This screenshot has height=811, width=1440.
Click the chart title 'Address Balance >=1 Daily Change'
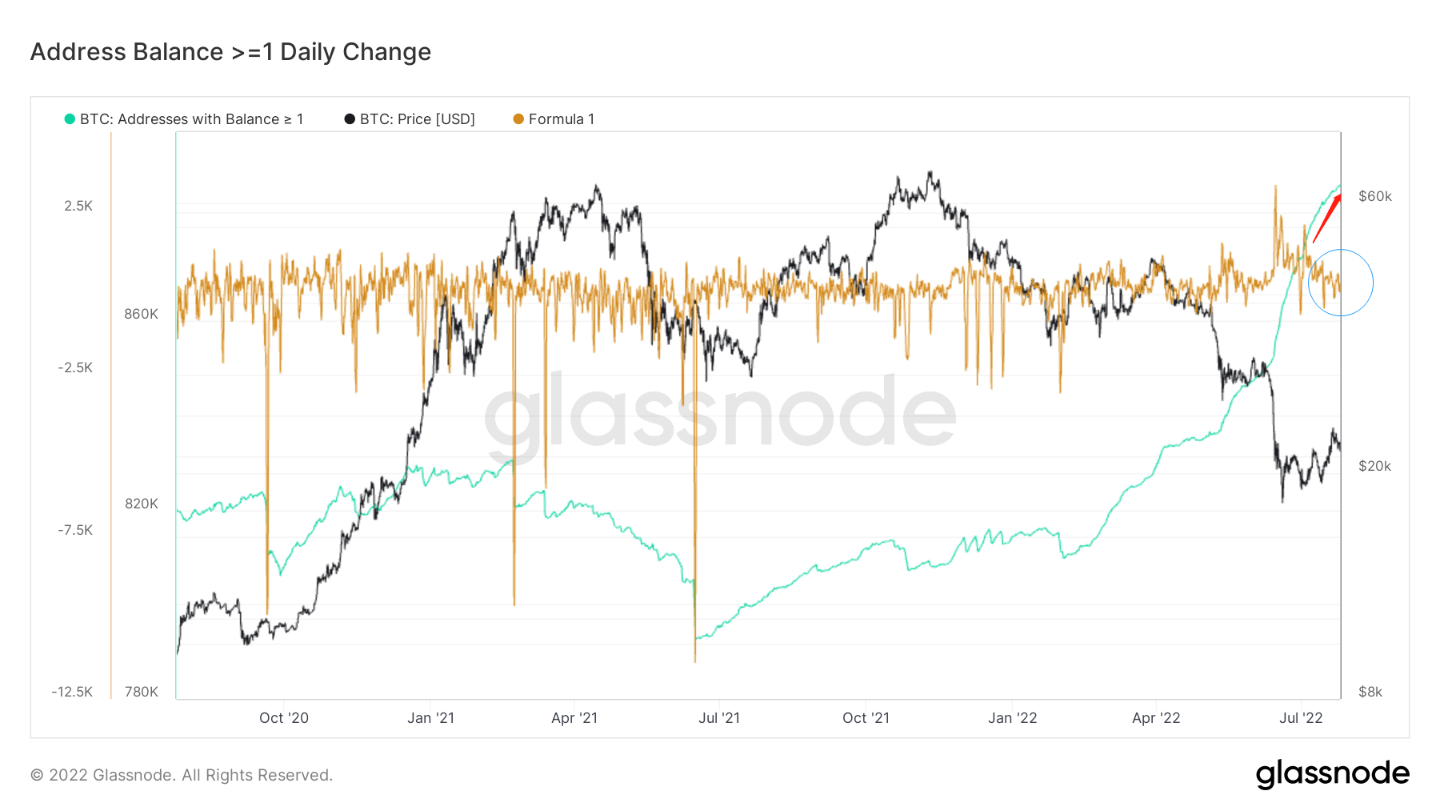click(x=230, y=52)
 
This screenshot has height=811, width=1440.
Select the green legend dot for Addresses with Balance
click(x=70, y=119)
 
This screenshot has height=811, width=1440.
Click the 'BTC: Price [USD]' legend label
click(x=417, y=119)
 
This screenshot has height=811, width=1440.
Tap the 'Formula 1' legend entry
click(x=561, y=119)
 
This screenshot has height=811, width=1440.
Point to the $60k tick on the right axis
click(x=1374, y=196)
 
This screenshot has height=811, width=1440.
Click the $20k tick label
click(x=1374, y=466)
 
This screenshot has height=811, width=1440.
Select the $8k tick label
click(x=1370, y=692)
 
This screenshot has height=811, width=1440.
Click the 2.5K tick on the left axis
click(x=78, y=206)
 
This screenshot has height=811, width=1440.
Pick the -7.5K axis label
click(x=75, y=530)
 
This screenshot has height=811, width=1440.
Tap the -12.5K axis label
click(x=72, y=692)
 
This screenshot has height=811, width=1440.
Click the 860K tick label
click(x=141, y=314)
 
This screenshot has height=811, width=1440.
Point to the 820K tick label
click(x=141, y=504)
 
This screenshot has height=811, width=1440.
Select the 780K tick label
click(x=141, y=692)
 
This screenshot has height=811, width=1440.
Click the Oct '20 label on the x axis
click(x=283, y=718)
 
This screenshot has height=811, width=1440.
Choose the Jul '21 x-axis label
click(x=718, y=718)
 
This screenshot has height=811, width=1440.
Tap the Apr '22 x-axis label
click(x=1155, y=718)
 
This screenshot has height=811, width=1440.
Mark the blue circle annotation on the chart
click(x=1341, y=283)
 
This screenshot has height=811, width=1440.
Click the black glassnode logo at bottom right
click(x=1332, y=774)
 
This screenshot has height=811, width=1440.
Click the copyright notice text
click(x=182, y=775)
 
